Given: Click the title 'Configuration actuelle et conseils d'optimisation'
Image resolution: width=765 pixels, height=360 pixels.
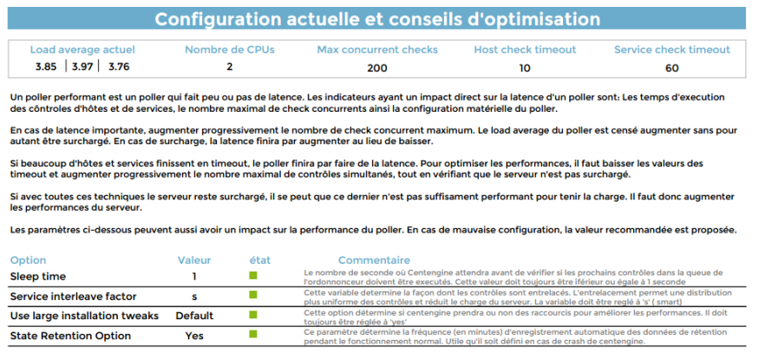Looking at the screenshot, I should click(377, 19).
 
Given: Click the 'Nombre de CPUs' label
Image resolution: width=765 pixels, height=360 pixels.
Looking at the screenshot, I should click(229, 49).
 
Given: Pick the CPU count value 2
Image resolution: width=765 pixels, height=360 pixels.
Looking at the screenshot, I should click(230, 67).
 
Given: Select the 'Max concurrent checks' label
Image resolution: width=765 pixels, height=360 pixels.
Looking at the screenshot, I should click(377, 49).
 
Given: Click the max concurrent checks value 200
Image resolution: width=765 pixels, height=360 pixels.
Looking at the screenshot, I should click(377, 67).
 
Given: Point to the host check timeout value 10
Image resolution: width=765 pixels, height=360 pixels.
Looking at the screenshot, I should click(524, 67).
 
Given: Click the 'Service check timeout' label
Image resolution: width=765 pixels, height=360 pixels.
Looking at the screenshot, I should click(671, 49).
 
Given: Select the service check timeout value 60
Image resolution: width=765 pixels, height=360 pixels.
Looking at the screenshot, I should click(671, 67).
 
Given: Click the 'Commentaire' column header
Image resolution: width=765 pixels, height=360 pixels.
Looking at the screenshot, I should click(374, 260).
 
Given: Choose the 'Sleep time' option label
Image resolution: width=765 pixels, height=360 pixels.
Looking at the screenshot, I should click(38, 277).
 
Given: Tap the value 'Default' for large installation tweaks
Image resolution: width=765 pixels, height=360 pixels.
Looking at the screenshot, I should click(194, 316).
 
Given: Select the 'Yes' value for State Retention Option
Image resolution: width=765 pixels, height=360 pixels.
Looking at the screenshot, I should click(194, 336).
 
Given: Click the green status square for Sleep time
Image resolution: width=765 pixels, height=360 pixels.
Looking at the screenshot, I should click(254, 276).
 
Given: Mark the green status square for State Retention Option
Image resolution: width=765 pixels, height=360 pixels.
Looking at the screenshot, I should click(254, 334).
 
